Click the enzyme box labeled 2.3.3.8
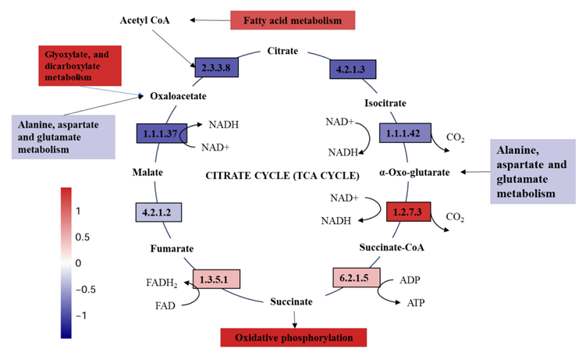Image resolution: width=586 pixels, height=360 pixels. point(216,68)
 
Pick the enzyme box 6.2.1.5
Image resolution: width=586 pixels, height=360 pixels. point(355,277)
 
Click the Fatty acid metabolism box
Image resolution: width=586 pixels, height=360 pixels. point(282,20)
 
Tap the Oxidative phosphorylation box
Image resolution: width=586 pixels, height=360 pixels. point(293,337)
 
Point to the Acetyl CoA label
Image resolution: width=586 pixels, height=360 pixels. point(144,18)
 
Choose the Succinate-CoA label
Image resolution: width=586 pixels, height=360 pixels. point(392,248)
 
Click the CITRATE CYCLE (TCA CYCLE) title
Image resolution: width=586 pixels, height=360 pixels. point(282,174)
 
